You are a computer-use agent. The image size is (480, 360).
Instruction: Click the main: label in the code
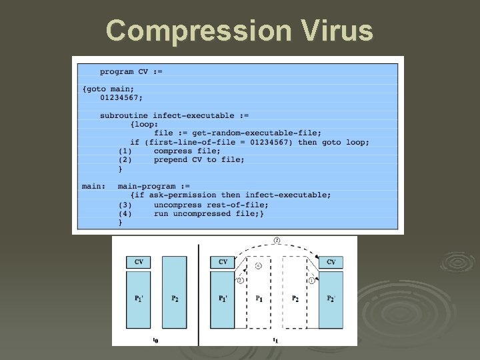pos(93,186)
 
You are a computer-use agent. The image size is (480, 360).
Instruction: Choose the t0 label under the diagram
pos(155,340)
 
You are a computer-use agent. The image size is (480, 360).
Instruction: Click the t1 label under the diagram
pos(275,340)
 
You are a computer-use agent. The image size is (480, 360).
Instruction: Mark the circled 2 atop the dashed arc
pos(277,240)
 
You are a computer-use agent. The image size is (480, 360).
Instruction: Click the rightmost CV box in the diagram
pos(331,262)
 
